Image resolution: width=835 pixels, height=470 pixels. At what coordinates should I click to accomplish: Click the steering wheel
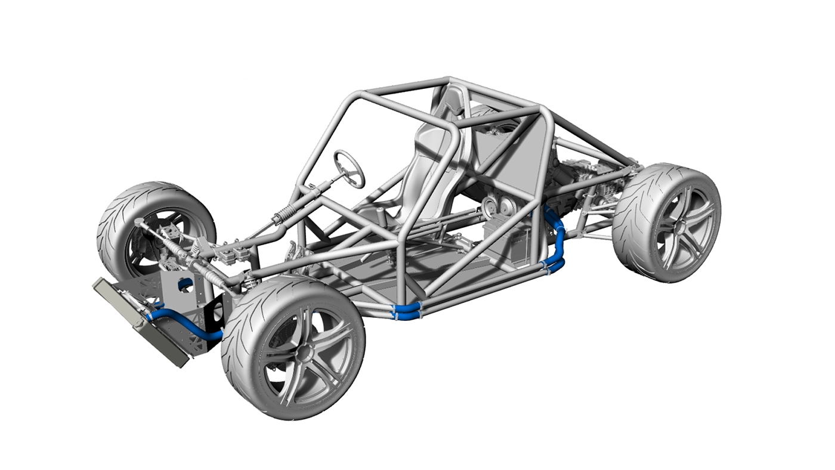[349, 168]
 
